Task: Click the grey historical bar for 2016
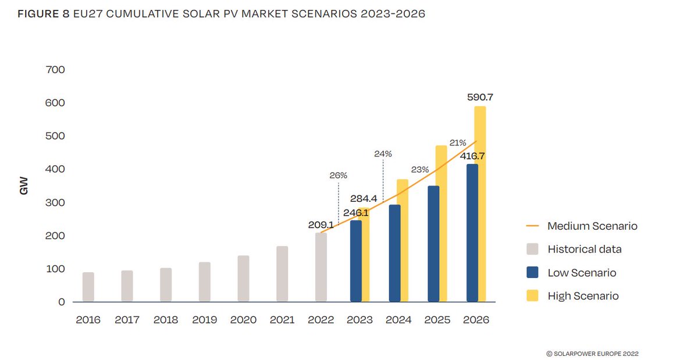point(88,287)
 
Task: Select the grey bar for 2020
point(243,279)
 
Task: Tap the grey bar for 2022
point(320,267)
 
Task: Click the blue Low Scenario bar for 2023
point(355,261)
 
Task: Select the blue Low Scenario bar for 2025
point(433,244)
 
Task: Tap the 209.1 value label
point(320,224)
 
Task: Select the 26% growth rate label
point(338,175)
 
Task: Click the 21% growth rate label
point(457,143)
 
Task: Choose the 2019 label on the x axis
point(204,320)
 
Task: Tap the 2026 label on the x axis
point(476,320)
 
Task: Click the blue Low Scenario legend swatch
point(533,273)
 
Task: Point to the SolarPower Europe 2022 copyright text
point(592,353)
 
